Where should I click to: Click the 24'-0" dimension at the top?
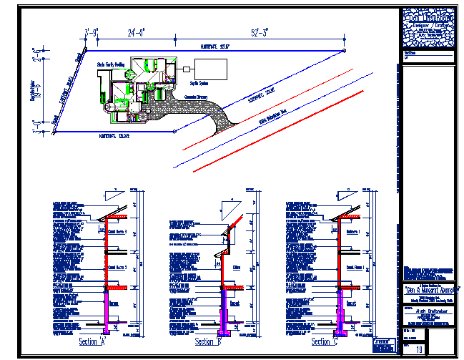tap(136, 32)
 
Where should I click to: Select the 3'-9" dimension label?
tap(92, 32)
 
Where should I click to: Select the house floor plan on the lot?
tap(139, 87)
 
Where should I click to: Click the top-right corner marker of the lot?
tap(344, 51)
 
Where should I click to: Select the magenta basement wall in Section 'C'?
tap(339, 312)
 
